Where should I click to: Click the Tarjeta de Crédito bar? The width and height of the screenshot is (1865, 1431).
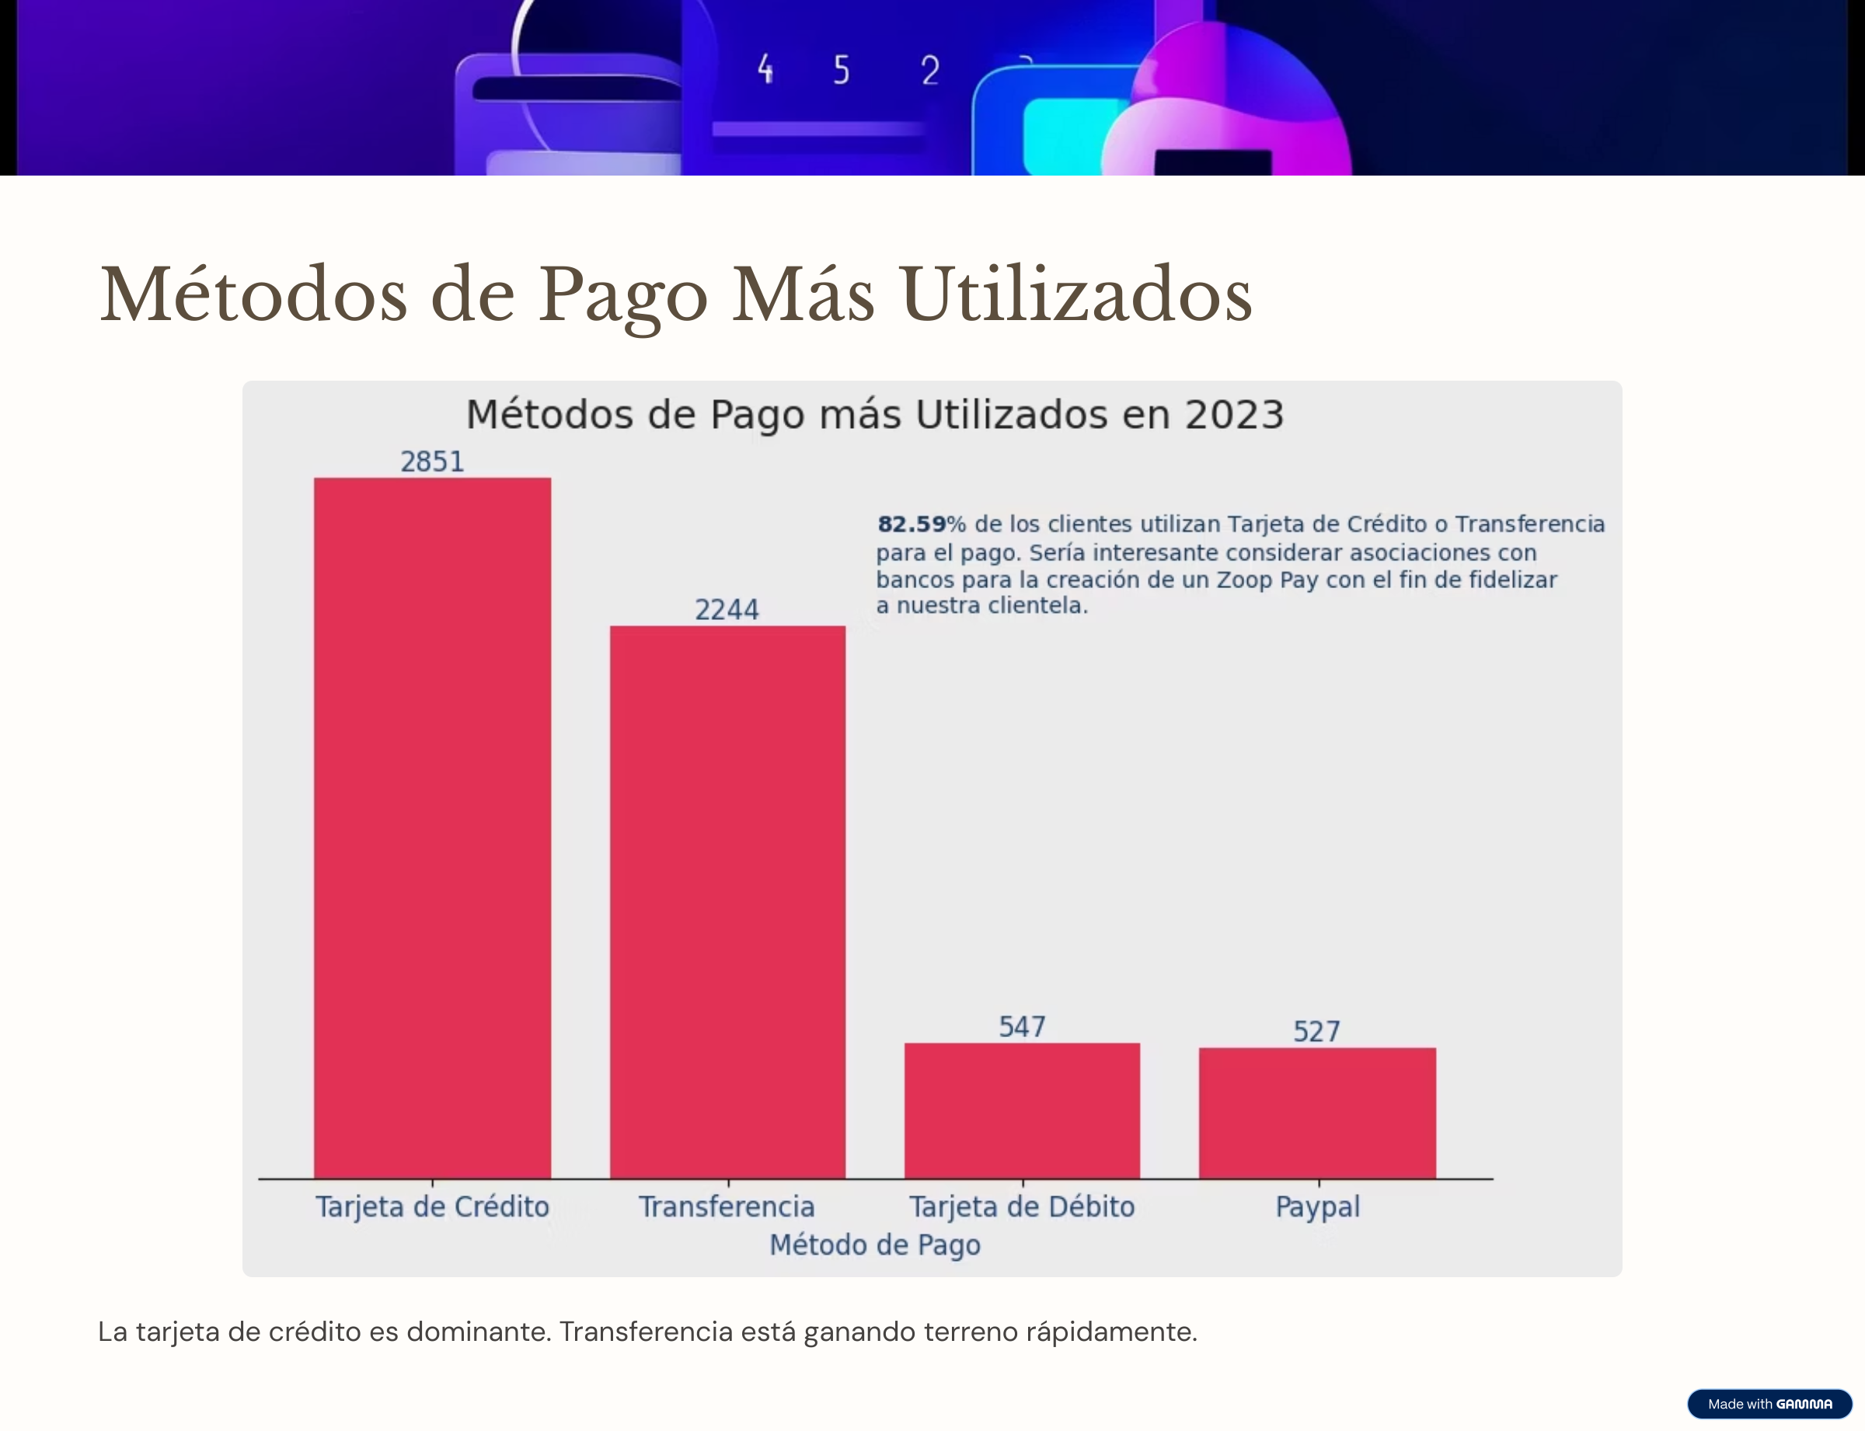pyautogui.click(x=432, y=828)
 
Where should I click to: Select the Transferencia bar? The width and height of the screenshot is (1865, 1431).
pyautogui.click(x=727, y=902)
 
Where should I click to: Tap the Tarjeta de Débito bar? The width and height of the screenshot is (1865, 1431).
pyautogui.click(x=1022, y=1111)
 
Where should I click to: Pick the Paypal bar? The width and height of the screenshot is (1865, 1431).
pyautogui.click(x=1317, y=1113)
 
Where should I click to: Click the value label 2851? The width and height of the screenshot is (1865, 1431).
pyautogui.click(x=432, y=461)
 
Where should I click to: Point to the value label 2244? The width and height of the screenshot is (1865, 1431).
pyautogui.click(x=727, y=610)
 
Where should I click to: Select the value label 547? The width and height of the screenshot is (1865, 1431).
pyautogui.click(x=1022, y=1027)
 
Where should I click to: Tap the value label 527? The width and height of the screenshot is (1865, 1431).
pyautogui.click(x=1316, y=1032)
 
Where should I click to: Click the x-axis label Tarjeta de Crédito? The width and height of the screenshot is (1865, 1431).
pyautogui.click(x=432, y=1207)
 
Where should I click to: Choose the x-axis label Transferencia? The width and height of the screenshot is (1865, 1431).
pyautogui.click(x=727, y=1207)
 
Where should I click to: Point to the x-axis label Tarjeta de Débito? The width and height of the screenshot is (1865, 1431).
pyautogui.click(x=1022, y=1207)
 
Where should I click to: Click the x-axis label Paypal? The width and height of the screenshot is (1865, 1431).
pyautogui.click(x=1317, y=1207)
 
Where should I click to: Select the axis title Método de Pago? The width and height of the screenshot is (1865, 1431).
pyautogui.click(x=875, y=1245)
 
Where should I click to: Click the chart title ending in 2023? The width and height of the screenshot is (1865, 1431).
pyautogui.click(x=875, y=415)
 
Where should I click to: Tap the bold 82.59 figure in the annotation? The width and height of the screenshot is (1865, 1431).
pyautogui.click(x=912, y=524)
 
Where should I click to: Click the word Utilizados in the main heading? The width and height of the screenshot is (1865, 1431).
pyautogui.click(x=1076, y=294)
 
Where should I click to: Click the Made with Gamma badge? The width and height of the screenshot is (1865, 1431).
pyautogui.click(x=1769, y=1404)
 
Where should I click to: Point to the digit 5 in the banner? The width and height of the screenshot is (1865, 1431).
pyautogui.click(x=842, y=71)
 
